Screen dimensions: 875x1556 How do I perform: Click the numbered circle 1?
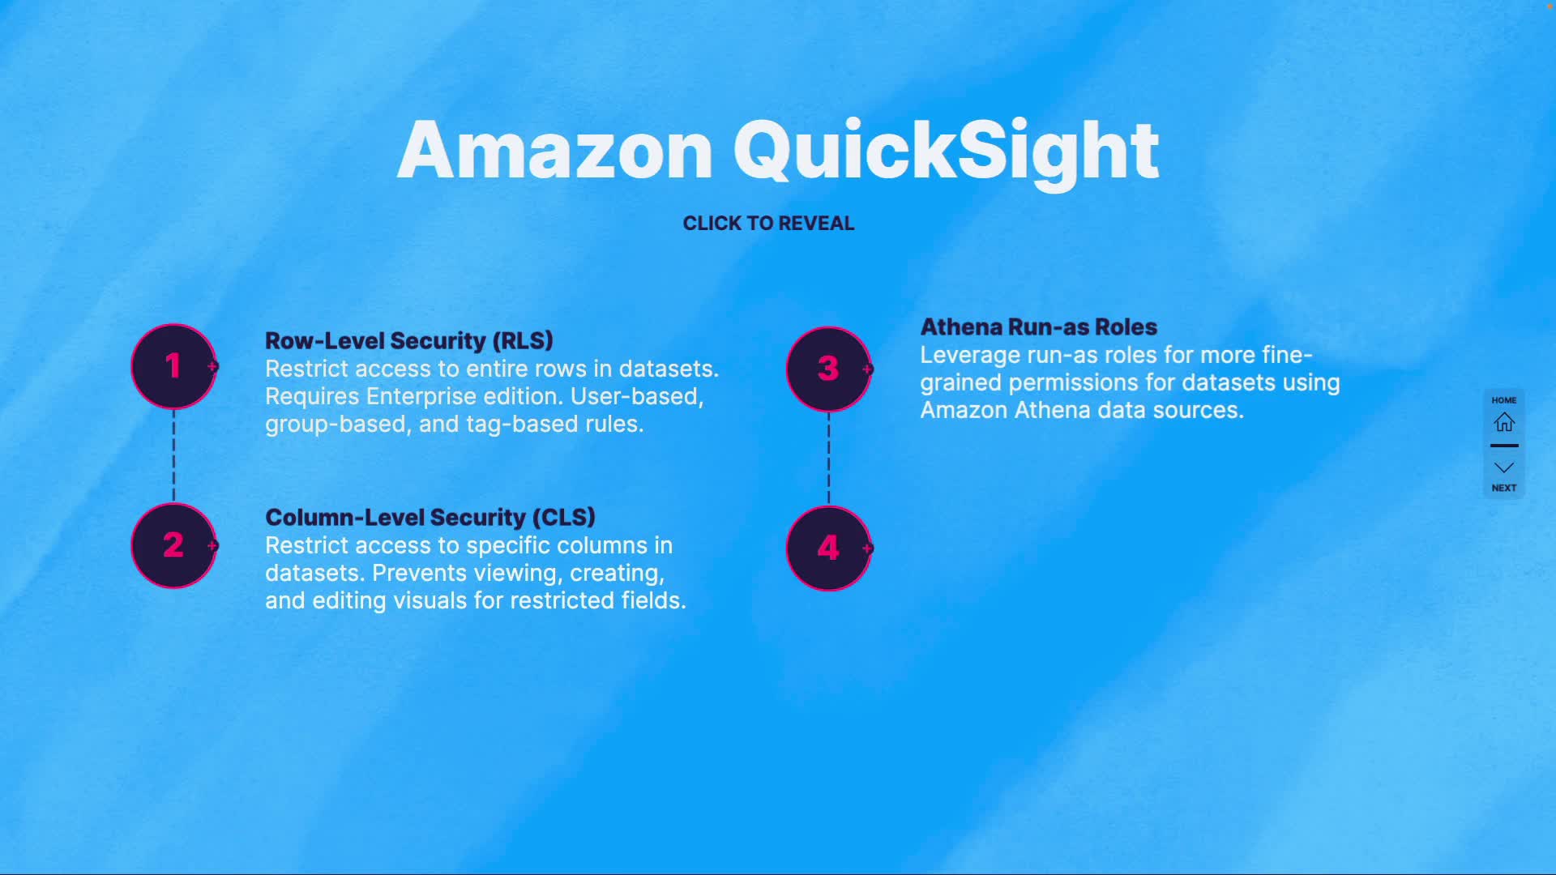pos(173,366)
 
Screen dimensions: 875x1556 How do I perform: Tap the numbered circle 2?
pos(173,545)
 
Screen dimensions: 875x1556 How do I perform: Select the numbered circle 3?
pos(828,369)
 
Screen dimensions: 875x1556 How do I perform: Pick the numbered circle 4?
pos(828,548)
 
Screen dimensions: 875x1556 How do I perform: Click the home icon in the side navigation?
pos(1504,422)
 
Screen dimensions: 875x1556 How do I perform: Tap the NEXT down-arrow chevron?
pos(1504,468)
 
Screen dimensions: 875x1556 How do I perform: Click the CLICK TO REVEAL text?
pos(768,224)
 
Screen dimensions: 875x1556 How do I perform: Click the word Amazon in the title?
pos(555,151)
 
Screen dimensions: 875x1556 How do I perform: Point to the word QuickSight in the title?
pos(946,151)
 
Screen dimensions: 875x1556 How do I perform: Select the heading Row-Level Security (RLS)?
pos(409,341)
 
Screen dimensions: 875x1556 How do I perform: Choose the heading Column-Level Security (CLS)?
pos(430,518)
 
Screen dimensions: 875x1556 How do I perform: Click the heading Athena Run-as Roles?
pos(1038,327)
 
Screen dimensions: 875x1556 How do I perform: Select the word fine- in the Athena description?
pos(1282,356)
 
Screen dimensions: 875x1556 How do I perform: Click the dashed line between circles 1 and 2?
pos(173,455)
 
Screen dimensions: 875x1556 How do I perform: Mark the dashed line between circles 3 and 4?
pos(828,459)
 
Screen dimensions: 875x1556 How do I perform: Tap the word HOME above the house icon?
pos(1504,400)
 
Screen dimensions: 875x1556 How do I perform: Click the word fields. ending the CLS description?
pos(653,601)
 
